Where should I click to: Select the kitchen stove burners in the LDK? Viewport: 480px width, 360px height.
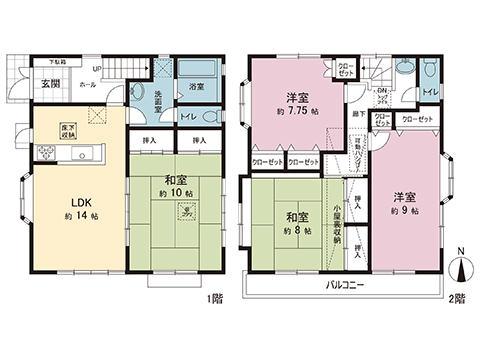46,153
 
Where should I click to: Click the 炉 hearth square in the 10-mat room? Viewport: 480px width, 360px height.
185,212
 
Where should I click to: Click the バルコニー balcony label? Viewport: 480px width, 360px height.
342,285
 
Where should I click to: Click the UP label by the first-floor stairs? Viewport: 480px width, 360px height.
97,69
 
